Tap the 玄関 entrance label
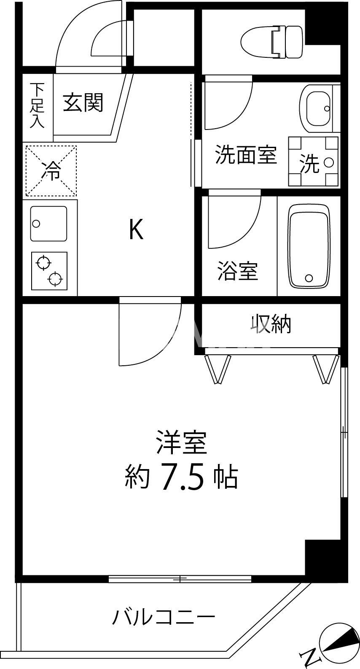(x=83, y=102)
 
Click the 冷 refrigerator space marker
(x=51, y=171)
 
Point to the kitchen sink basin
(x=48, y=224)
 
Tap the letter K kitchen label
(x=136, y=230)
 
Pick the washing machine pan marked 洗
(x=313, y=162)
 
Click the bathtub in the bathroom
(x=309, y=246)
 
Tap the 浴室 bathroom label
(x=238, y=271)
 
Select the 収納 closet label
(x=271, y=324)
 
